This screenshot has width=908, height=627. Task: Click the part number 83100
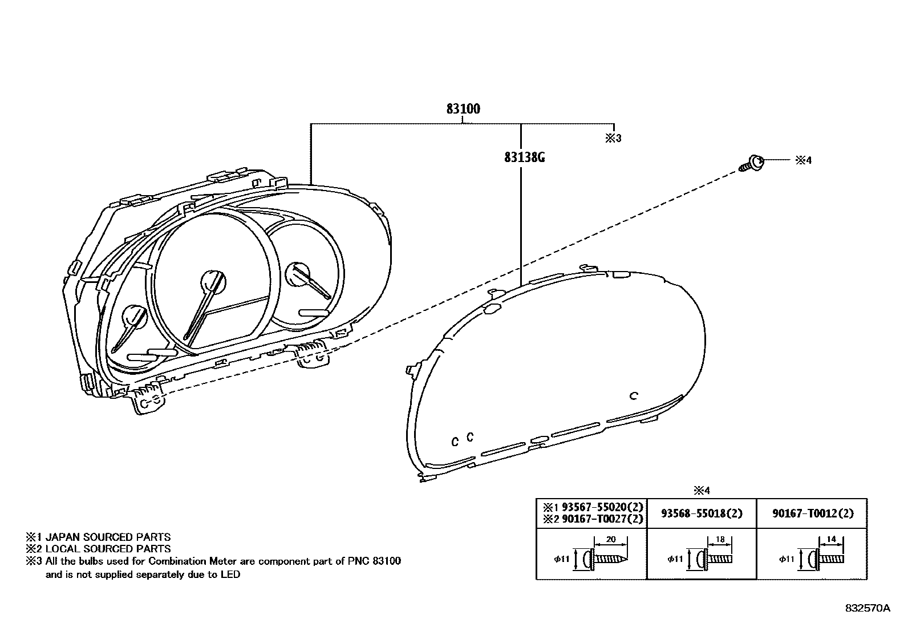[x=463, y=108]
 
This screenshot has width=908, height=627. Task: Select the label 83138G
[x=524, y=157]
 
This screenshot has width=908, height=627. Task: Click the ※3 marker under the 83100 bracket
[x=613, y=138]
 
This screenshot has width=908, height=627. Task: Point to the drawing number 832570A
[x=867, y=608]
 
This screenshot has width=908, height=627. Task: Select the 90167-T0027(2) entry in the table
[x=602, y=519]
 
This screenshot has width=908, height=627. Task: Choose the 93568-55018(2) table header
[x=702, y=513]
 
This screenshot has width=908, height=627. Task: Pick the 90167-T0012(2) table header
[x=813, y=513]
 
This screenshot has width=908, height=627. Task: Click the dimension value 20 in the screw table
[x=611, y=539]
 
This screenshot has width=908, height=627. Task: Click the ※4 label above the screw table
[x=702, y=491]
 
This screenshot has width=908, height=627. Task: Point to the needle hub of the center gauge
[x=213, y=282]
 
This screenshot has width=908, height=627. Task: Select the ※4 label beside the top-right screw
[x=803, y=161]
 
